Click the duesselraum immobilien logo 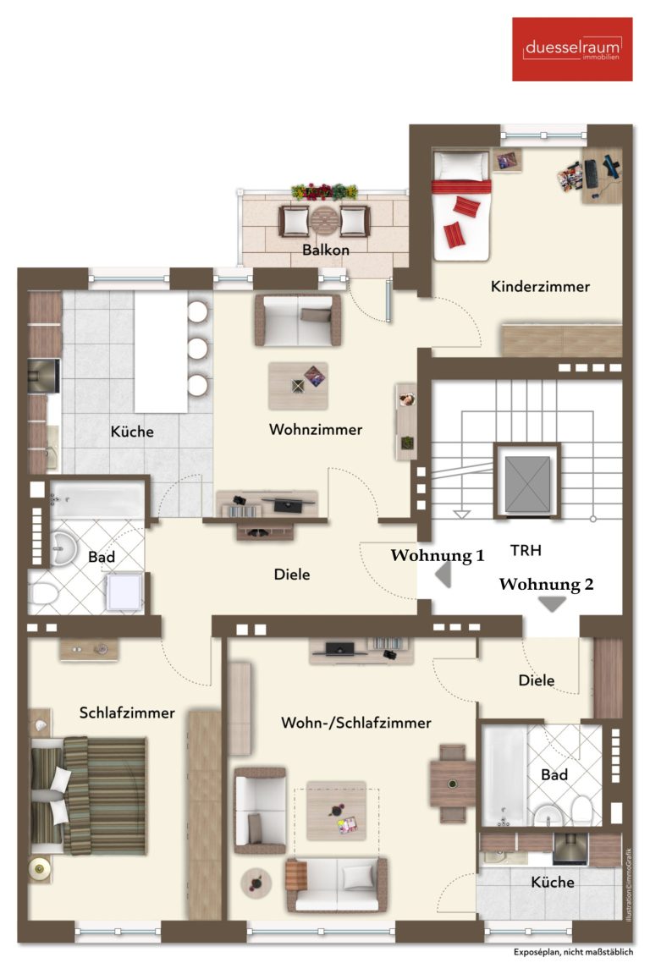(572, 49)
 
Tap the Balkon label (326, 250)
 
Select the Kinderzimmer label (540, 286)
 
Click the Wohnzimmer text (316, 429)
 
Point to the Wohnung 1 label (438, 555)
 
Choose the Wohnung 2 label (546, 584)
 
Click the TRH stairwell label (526, 550)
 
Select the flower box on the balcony (324, 191)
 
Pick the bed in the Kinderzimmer (461, 206)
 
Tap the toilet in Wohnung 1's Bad (45, 593)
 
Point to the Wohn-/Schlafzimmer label (356, 723)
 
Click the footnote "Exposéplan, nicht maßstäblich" (574, 952)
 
